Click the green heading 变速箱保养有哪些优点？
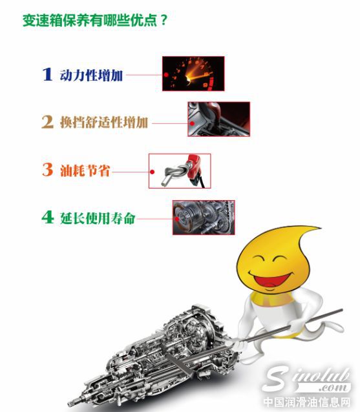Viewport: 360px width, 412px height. click(x=95, y=19)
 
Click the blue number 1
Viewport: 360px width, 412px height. click(x=47, y=74)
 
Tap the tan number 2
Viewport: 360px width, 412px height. click(x=47, y=122)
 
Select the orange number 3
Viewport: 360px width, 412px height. click(x=47, y=170)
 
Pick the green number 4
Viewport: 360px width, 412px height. click(x=47, y=217)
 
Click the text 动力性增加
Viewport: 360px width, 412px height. click(x=89, y=74)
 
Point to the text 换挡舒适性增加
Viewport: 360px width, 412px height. click(x=103, y=122)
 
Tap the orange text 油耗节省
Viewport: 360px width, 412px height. click(x=85, y=170)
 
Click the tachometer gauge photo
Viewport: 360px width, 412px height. click(x=193, y=74)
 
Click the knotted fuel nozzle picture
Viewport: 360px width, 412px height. click(x=180, y=170)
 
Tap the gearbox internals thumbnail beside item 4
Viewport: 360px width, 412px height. click(x=204, y=217)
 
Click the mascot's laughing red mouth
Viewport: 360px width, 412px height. click(x=271, y=282)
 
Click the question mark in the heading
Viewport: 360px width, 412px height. click(x=164, y=19)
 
